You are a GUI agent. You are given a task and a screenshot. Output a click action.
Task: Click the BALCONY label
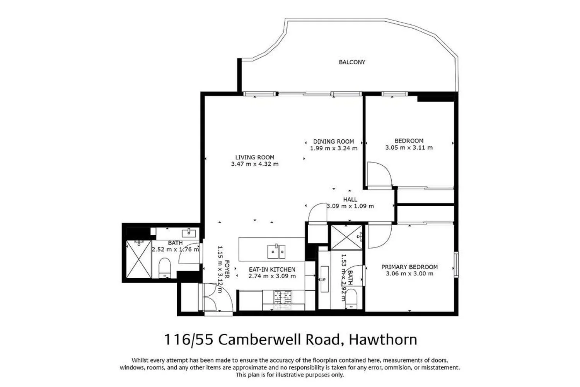pos(352,62)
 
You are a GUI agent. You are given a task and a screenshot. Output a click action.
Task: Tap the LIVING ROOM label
pos(255,158)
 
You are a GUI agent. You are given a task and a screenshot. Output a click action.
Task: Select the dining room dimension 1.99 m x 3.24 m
pos(334,148)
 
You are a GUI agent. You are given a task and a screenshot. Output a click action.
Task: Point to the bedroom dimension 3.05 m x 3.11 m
pos(409,148)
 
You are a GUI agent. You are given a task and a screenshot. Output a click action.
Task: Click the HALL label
pos(350,200)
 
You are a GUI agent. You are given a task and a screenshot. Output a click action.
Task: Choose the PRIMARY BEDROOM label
pos(409,267)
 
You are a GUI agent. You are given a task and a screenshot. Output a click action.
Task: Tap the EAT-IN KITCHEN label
pos(272,270)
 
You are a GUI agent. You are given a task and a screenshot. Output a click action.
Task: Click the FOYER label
pos(227,269)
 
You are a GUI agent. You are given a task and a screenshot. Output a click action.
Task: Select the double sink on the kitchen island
pos(276,252)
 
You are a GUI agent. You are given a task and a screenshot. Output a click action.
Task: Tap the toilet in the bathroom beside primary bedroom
pos(351,299)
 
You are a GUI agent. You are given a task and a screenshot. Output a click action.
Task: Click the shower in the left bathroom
pos(139,259)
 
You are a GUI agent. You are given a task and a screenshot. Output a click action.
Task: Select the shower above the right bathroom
pos(346,238)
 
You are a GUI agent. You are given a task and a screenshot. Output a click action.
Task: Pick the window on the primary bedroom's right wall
pos(456,265)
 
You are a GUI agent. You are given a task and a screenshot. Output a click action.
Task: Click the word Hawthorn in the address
pos(383,339)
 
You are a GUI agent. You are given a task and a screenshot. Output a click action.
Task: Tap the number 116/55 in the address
pos(189,340)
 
